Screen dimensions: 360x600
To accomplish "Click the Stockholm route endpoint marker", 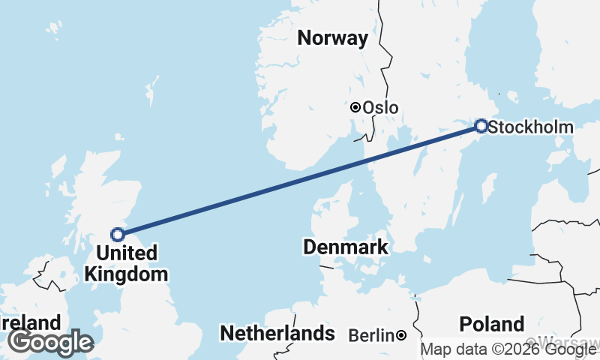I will [481, 126].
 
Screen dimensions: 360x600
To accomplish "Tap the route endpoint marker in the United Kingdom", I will [118, 234].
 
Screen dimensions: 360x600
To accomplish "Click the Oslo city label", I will [380, 108].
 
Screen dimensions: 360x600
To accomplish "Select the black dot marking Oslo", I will [355, 107].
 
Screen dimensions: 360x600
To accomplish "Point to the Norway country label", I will [333, 38].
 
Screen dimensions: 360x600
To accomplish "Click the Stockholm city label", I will [530, 127].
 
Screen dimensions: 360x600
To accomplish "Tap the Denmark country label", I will [346, 247].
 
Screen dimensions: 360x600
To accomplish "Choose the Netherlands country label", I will [277, 333].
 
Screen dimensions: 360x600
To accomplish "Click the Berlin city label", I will [371, 335].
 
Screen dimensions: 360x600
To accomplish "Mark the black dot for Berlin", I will [402, 334].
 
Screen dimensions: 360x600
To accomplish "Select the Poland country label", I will [492, 324].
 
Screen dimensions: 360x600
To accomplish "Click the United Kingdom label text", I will [126, 263].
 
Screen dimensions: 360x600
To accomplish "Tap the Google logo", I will [50, 342].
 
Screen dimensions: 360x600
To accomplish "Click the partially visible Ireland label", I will [30, 323].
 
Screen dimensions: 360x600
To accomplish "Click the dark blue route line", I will [300, 180].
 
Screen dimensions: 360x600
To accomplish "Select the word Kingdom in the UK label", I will [126, 274].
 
